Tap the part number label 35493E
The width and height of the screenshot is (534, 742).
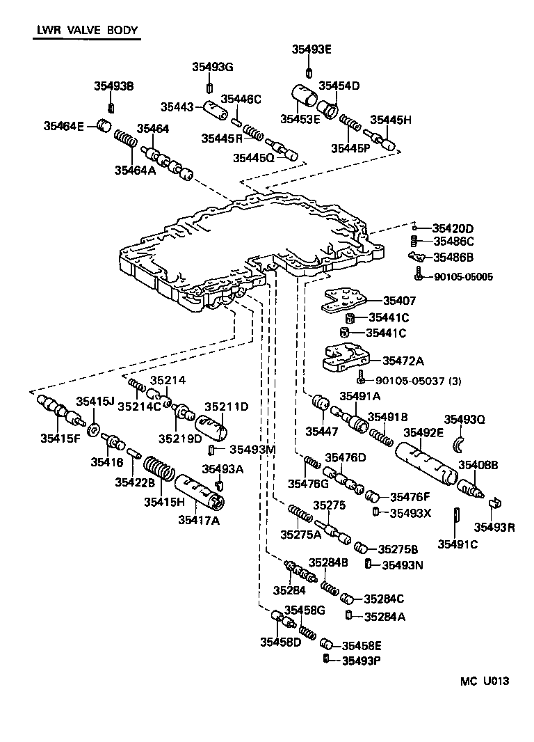(x=311, y=49)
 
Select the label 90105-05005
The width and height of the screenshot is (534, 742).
(x=463, y=276)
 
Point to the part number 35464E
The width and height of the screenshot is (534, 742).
(x=63, y=126)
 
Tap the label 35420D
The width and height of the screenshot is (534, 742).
(x=453, y=228)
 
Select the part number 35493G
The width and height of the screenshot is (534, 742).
(x=213, y=67)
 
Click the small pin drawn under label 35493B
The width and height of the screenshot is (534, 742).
(x=111, y=106)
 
